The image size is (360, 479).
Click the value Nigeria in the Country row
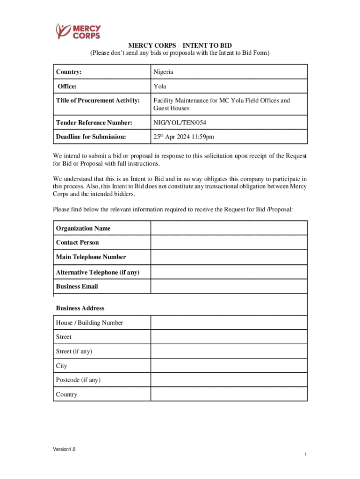163,72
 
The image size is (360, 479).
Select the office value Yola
160,86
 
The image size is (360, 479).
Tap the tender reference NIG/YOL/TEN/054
180,123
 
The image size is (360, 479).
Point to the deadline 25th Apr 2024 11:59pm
184,137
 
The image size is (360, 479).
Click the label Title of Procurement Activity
98,100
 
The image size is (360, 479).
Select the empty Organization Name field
229,228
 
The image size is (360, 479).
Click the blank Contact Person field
229,242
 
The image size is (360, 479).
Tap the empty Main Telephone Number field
229,257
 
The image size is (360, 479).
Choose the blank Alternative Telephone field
229,272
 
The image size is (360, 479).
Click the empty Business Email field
229,286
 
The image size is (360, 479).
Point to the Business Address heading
80,308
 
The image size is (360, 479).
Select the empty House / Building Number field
229,323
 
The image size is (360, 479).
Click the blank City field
229,366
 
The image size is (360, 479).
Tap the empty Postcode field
229,380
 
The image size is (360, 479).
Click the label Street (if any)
74,351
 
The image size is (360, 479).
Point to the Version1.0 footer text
64,450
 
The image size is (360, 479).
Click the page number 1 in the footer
305,455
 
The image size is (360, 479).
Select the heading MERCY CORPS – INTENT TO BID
180,45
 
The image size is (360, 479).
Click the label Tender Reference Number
94,123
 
